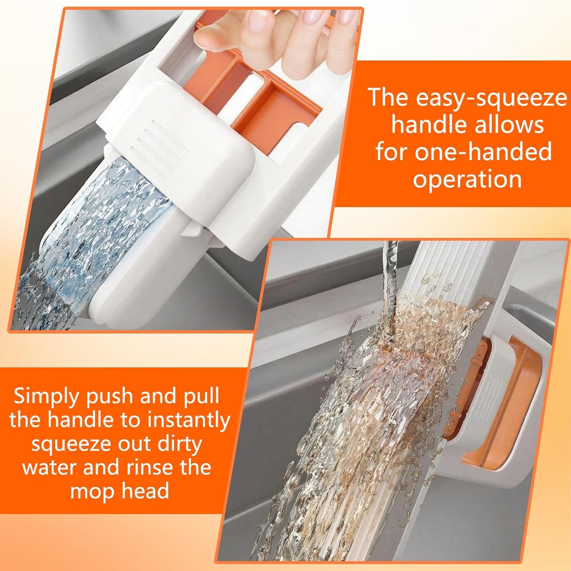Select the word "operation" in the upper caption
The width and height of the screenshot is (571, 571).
[467, 179]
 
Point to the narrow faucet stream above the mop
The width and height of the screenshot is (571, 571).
[391, 277]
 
